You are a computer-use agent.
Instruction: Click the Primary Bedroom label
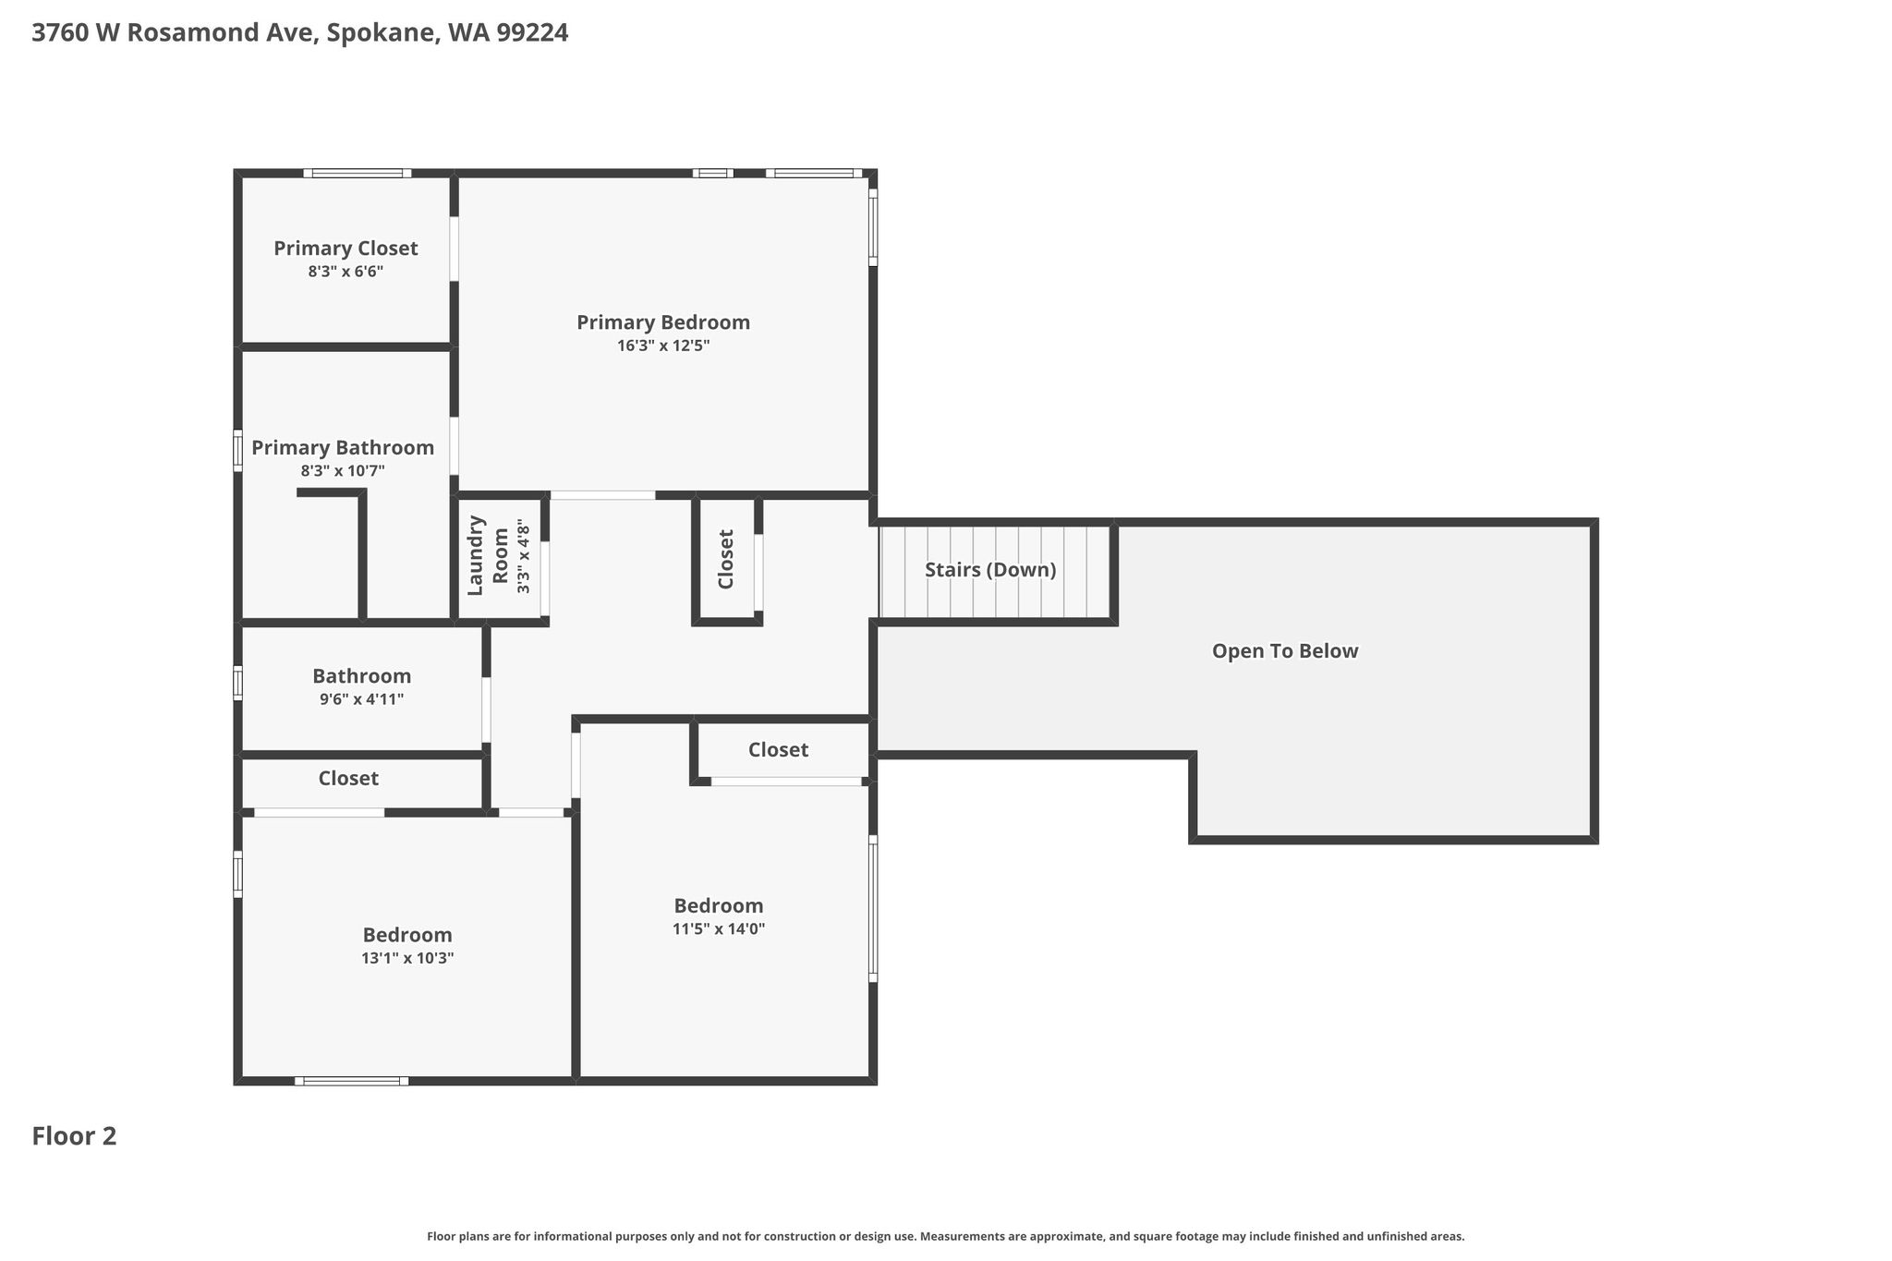(x=663, y=322)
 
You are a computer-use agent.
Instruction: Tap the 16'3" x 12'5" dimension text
(x=663, y=346)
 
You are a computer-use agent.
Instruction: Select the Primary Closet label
(x=346, y=249)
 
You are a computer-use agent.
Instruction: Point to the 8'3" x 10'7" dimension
(x=343, y=471)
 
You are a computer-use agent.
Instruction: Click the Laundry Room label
(x=488, y=555)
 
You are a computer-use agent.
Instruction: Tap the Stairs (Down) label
(x=990, y=570)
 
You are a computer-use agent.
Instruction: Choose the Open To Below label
(x=1285, y=651)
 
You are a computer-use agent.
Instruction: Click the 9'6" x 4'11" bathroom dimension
(x=361, y=699)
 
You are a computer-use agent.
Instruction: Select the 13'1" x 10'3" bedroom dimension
(x=407, y=958)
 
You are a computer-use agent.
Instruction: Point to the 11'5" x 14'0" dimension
(x=719, y=928)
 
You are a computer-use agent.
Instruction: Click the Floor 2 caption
(x=74, y=1136)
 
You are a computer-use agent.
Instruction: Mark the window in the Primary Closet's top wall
(x=358, y=173)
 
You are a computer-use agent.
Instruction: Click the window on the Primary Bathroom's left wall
(x=237, y=451)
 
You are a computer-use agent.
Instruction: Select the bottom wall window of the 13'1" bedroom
(x=352, y=1081)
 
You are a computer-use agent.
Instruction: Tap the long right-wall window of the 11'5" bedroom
(x=873, y=909)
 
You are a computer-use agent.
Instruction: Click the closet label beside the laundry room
(x=726, y=559)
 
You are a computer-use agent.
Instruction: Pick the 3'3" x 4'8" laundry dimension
(x=525, y=556)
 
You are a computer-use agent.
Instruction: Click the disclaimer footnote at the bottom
(x=946, y=1236)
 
